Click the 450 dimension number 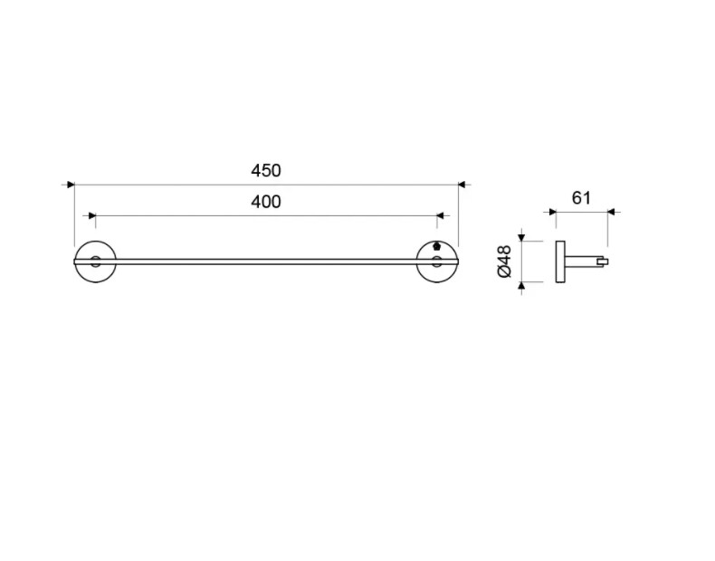click(x=266, y=170)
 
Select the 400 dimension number click(x=266, y=202)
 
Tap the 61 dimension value click(x=581, y=198)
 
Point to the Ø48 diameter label click(x=505, y=261)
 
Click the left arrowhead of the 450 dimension click(x=71, y=185)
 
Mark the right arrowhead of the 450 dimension click(x=462, y=185)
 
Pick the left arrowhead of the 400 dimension click(x=92, y=215)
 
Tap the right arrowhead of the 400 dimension click(x=440, y=215)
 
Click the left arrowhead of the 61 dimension click(x=553, y=212)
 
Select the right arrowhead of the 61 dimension click(x=612, y=212)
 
